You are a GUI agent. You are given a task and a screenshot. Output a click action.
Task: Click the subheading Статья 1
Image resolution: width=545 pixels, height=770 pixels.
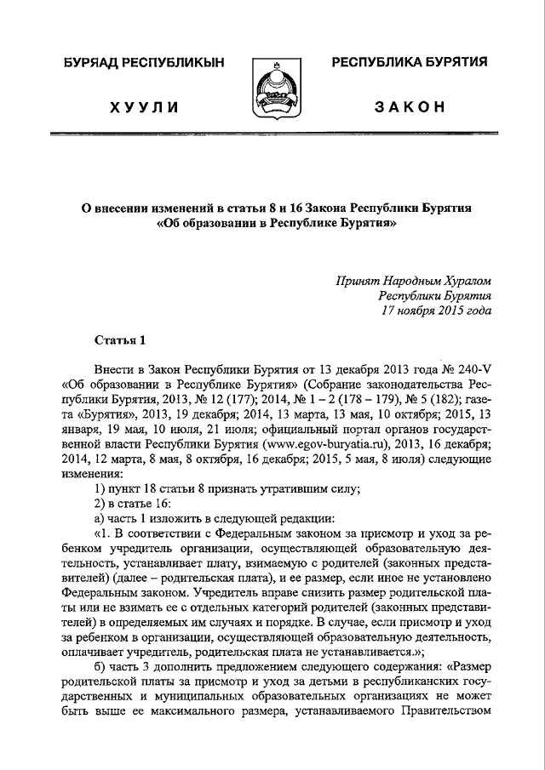pos(120,341)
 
